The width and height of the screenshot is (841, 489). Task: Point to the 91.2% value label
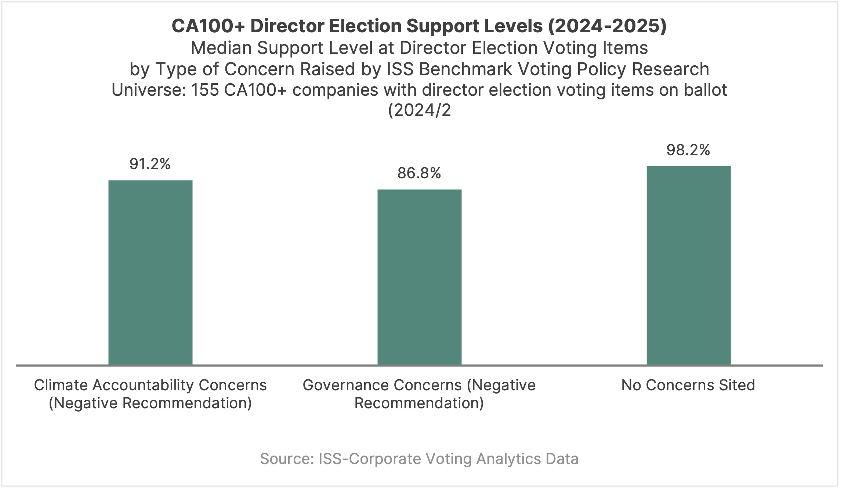pyautogui.click(x=150, y=164)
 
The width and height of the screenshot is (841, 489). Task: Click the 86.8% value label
pyautogui.click(x=419, y=173)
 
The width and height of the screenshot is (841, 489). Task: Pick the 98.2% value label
pyautogui.click(x=688, y=150)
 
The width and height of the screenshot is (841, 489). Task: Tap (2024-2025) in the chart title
pyautogui.click(x=607, y=26)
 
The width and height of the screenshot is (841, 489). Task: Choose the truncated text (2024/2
pyautogui.click(x=419, y=110)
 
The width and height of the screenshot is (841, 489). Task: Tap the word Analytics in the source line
pyautogui.click(x=509, y=459)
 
